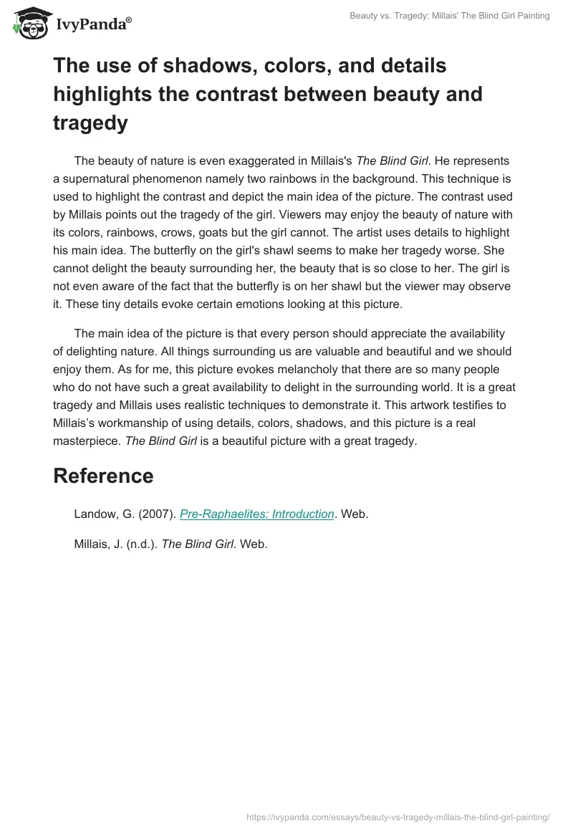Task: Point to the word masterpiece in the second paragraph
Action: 87,441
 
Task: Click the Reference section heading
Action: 103,476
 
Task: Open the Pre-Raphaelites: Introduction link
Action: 257,514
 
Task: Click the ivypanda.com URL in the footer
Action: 398,816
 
